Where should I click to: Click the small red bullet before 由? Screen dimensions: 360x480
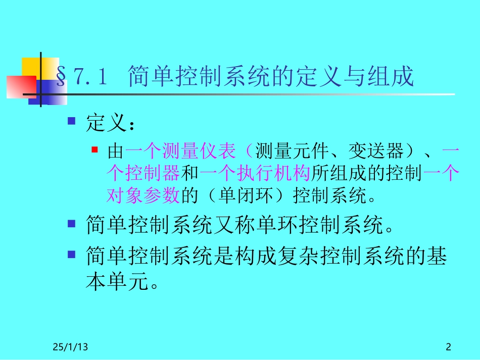click(94, 150)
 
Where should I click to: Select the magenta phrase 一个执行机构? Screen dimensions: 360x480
click(255, 173)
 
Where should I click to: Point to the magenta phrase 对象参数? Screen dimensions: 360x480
click(143, 195)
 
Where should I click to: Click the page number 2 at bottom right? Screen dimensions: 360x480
click(448, 347)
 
